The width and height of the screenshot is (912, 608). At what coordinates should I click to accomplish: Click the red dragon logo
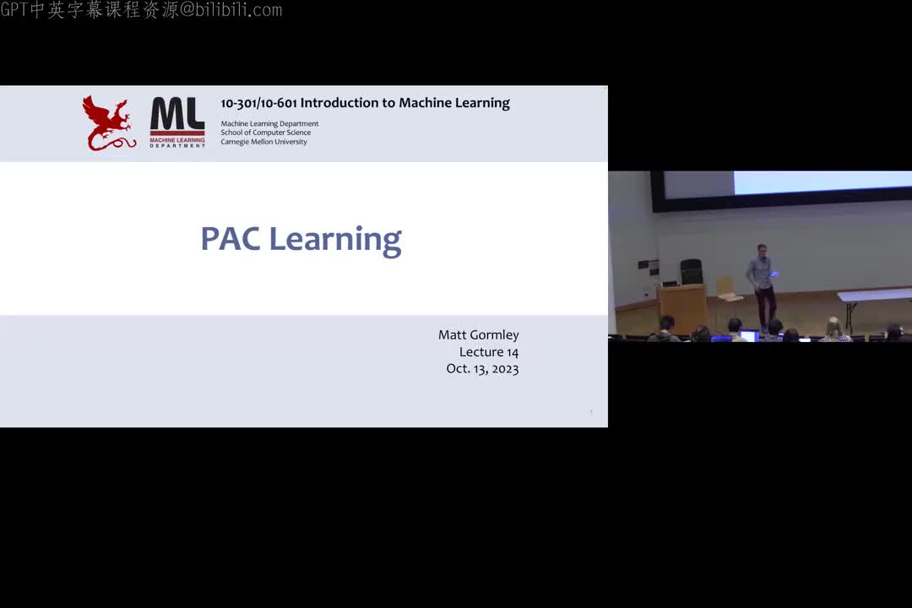tap(107, 123)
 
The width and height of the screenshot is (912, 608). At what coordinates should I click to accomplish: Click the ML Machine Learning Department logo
tap(177, 122)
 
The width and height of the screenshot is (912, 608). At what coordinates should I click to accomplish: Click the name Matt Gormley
tap(478, 335)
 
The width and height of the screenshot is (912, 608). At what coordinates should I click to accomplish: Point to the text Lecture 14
tap(489, 352)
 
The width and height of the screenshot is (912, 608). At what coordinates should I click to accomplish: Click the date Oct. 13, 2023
tap(482, 369)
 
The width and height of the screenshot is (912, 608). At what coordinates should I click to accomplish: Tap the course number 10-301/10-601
tap(258, 103)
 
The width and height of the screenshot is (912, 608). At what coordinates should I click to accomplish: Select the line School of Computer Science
tap(265, 133)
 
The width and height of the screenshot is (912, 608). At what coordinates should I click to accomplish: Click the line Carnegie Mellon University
tap(263, 142)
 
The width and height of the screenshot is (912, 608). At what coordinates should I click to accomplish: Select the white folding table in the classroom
tap(875, 296)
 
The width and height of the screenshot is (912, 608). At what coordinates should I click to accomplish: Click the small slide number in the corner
tap(591, 412)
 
